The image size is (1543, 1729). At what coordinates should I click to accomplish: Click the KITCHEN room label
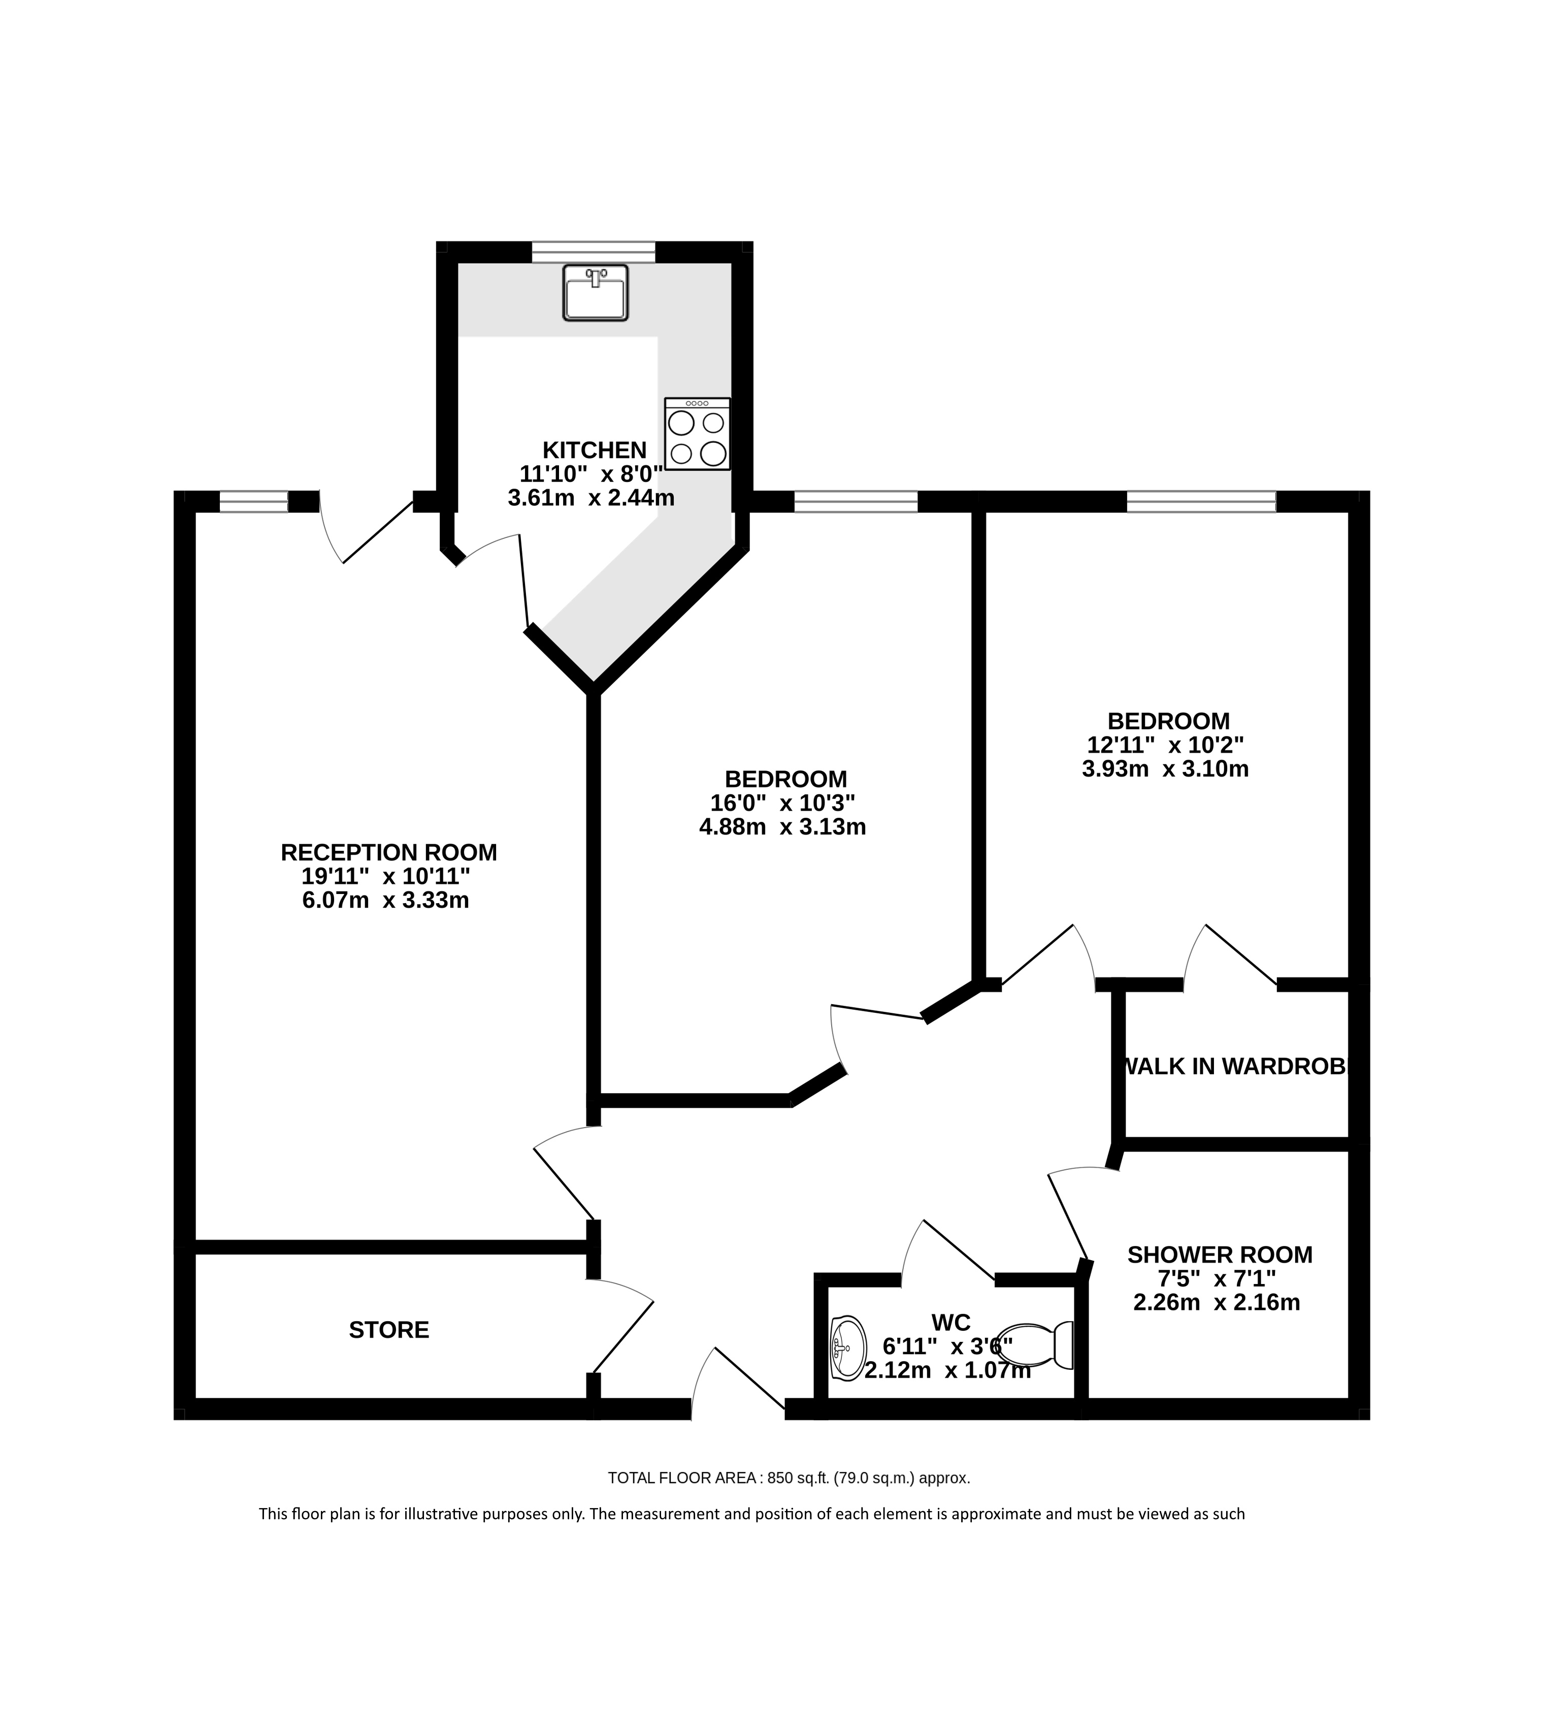tap(595, 450)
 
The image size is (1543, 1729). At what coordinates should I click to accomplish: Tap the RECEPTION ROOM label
tap(389, 852)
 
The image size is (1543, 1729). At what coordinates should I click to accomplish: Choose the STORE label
tap(389, 1330)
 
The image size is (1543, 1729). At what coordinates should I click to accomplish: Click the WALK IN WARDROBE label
tap(1234, 1067)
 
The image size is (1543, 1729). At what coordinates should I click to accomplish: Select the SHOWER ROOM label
tap(1220, 1255)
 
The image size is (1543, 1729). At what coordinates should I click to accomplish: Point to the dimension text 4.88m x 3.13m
tap(782, 827)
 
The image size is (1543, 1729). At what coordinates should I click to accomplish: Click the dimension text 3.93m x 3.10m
tap(1166, 769)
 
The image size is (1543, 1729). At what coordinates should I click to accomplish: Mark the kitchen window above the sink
tap(594, 252)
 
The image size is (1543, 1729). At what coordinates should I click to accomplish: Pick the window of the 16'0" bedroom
tap(856, 502)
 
